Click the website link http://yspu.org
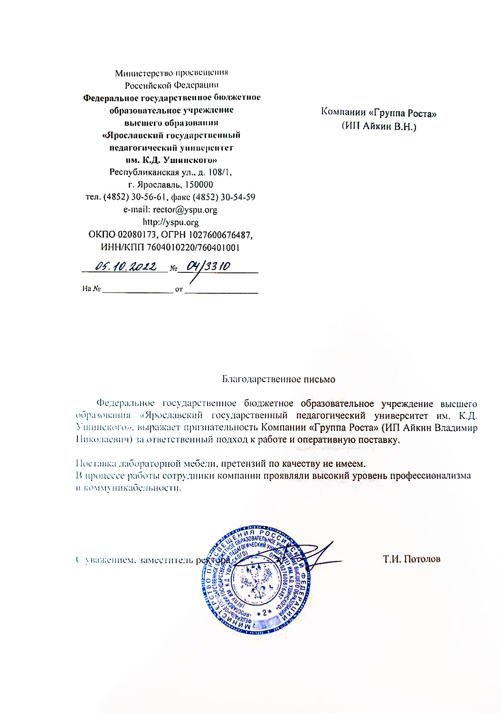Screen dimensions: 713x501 [x=171, y=222]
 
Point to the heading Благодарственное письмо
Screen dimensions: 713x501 [x=279, y=379]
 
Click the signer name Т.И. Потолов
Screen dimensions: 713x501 [x=412, y=559]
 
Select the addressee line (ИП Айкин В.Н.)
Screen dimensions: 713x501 [x=378, y=127]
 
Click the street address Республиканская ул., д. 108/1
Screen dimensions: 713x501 [x=171, y=172]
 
